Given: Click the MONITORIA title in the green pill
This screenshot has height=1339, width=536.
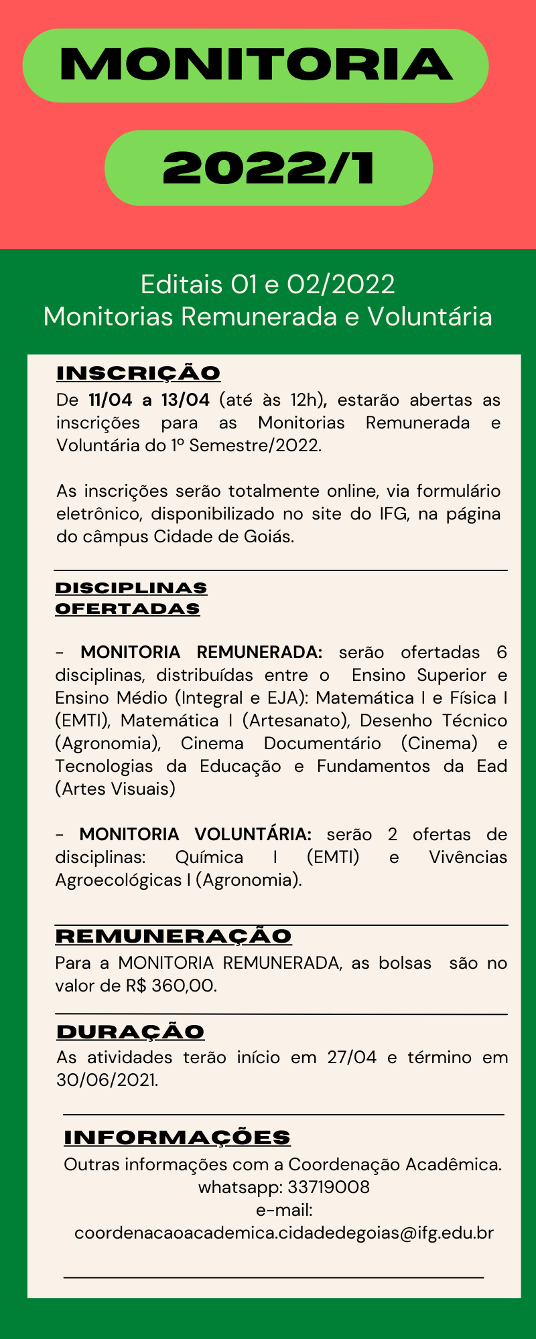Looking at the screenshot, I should click(x=255, y=65).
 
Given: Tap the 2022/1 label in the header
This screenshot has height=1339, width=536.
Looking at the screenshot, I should click(x=269, y=168).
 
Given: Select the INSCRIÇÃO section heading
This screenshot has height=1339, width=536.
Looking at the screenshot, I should click(x=139, y=373).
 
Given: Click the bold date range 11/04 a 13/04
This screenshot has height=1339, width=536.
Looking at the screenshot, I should click(x=149, y=400).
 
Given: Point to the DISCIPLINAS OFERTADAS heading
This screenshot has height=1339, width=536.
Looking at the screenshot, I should click(x=131, y=598).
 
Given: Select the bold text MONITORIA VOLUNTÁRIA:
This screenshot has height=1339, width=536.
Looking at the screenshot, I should click(x=196, y=834).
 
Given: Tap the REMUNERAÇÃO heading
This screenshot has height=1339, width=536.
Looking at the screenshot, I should click(x=174, y=936).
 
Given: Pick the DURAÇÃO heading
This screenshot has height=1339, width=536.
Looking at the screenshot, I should click(x=131, y=1032).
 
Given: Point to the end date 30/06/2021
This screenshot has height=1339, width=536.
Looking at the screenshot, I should click(x=107, y=1080).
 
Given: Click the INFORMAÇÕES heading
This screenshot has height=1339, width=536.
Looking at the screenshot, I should click(x=178, y=1137).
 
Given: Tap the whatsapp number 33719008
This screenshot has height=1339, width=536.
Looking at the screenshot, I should click(x=328, y=1187).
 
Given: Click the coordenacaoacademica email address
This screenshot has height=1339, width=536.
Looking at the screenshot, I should click(x=284, y=1233).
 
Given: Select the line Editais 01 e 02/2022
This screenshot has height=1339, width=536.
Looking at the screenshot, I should click(x=268, y=285).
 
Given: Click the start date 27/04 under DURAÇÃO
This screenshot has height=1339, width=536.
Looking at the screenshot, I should click(x=352, y=1057).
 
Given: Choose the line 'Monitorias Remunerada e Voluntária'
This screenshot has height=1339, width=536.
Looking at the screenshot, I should click(x=268, y=316).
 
